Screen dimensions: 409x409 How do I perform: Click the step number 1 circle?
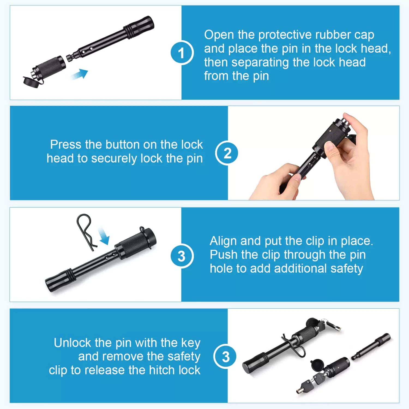pos(182,53)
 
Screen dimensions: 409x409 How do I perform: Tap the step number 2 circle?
pos(227,153)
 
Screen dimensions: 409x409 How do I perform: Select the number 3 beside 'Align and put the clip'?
pos(182,256)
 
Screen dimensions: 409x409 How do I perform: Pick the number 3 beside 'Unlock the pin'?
pos(225,356)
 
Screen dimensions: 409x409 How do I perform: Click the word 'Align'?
pos(223,241)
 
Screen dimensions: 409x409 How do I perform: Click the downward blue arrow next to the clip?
pos(104,236)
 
